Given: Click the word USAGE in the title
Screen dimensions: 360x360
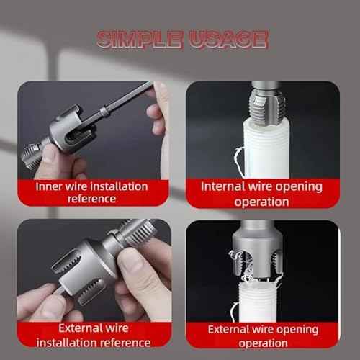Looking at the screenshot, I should (225, 40).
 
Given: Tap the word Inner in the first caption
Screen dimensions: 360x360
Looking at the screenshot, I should (51, 186).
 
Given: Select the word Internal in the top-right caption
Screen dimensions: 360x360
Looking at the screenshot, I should (228, 186).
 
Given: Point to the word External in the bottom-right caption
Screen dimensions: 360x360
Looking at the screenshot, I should (235, 329).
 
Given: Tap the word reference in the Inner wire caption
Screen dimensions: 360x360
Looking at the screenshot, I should (91, 199).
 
